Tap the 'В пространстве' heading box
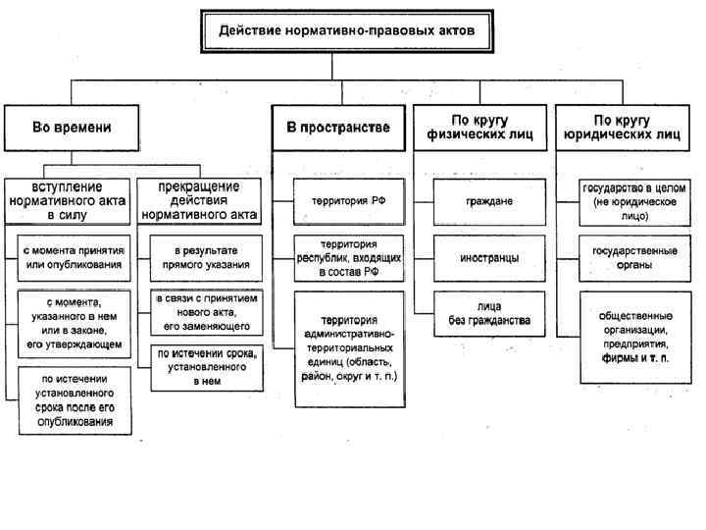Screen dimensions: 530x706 click(x=338, y=128)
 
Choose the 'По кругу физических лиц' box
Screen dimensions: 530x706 click(x=479, y=128)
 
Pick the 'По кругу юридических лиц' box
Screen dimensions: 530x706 click(x=623, y=128)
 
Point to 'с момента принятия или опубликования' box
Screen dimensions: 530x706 click(x=75, y=257)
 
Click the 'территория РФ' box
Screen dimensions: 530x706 click(x=342, y=201)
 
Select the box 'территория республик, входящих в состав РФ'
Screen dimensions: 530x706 click(x=342, y=258)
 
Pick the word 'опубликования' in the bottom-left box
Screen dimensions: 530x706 click(x=75, y=422)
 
